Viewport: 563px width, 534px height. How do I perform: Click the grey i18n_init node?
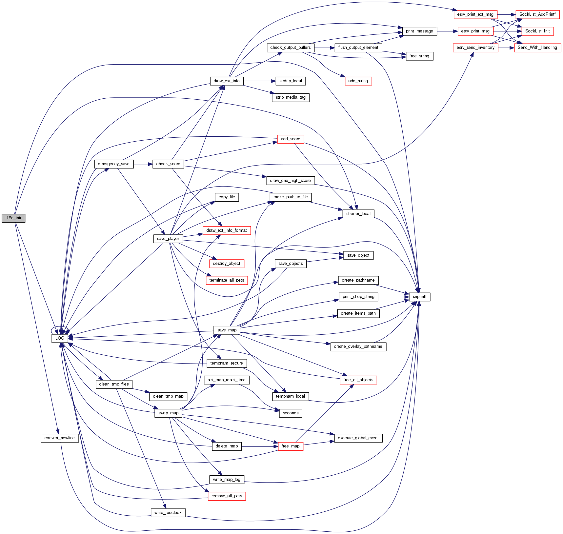tap(13, 218)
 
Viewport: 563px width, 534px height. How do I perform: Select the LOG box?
tap(60, 338)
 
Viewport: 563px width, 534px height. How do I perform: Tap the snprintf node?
tap(419, 297)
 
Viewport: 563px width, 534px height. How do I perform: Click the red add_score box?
tap(291, 139)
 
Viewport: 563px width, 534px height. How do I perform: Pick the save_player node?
tap(168, 239)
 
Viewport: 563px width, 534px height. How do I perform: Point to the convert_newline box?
tap(60, 438)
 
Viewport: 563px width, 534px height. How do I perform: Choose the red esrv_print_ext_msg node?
tap(475, 14)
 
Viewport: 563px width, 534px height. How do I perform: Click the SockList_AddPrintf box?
tap(537, 14)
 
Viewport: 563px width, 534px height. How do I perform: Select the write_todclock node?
tap(168, 513)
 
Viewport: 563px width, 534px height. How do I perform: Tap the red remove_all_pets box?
tap(227, 496)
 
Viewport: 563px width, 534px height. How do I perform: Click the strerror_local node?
tap(358, 214)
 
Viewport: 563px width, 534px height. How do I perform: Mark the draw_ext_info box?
tap(227, 81)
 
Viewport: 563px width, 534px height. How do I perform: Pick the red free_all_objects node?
tap(358, 380)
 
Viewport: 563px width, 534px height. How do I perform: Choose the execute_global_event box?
tap(358, 438)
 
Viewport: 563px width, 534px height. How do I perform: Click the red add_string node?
tap(358, 81)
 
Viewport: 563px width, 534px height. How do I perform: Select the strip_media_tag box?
tap(291, 97)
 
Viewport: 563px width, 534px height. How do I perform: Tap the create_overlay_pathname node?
tap(358, 346)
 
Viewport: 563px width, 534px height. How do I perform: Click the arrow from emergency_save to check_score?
tap(143, 164)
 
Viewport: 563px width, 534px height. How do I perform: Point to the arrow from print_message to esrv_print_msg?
tap(447, 31)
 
